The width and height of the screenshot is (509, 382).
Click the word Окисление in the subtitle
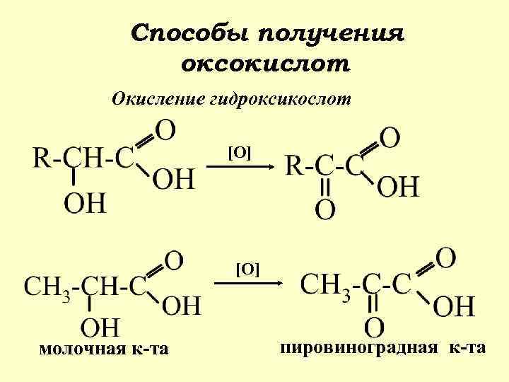point(157,98)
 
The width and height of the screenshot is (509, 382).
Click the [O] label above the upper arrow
point(239,152)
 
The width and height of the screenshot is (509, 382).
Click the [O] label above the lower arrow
point(247,269)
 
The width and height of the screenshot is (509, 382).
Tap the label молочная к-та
point(104,349)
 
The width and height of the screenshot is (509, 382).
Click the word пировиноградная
point(360,347)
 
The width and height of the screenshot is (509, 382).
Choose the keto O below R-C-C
point(324,209)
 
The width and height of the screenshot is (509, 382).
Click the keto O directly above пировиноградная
point(375,327)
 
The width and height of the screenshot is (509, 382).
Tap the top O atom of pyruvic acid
point(446,257)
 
